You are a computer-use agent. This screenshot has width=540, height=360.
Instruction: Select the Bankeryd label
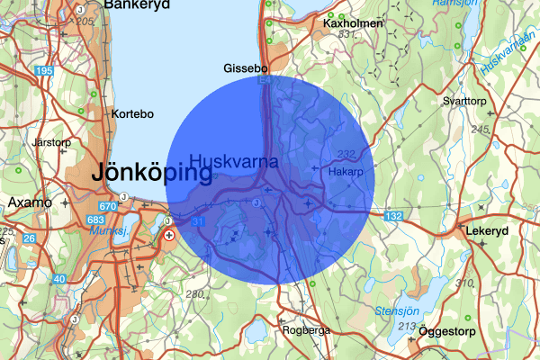pos(136,5)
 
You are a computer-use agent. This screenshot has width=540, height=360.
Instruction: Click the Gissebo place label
pos(246,68)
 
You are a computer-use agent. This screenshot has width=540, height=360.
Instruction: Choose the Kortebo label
pos(132,114)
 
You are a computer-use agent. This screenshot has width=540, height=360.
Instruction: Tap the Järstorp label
pos(50,142)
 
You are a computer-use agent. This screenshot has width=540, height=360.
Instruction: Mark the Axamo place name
pos(31,202)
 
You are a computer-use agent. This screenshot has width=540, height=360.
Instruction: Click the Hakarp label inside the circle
pos(346,171)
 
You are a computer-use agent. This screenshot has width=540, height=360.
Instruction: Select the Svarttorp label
pos(464,102)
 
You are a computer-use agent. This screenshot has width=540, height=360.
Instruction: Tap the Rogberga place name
pos(306,330)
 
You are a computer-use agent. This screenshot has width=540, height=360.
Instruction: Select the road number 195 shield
pos(43,70)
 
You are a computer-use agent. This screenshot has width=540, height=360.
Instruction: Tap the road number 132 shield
pos(393,216)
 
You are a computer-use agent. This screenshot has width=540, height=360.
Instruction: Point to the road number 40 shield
pos(59,279)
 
